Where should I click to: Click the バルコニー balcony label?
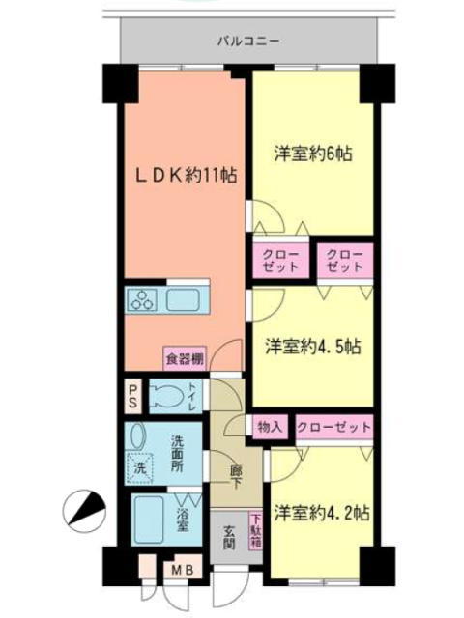pos(249,41)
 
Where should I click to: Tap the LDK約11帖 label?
pos(187,176)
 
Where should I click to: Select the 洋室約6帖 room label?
pos(313,154)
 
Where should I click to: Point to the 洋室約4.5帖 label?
pos(313,347)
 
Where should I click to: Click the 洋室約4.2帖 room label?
pos(322,514)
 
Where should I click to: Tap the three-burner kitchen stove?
pos(142,300)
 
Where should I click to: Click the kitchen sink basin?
pos(183,300)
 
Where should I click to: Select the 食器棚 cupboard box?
pos(185,359)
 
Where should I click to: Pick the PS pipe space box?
pos(133,396)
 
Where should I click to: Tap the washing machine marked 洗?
pos(139,468)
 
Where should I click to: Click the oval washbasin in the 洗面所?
pos(137,436)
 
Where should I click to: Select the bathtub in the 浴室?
pos(149,519)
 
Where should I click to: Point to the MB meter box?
pos(183,570)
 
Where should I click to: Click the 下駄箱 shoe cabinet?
pos(255,530)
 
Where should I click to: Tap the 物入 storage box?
pos(270,427)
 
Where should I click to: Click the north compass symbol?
pos(84,511)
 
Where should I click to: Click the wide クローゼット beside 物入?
pos(334,427)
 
